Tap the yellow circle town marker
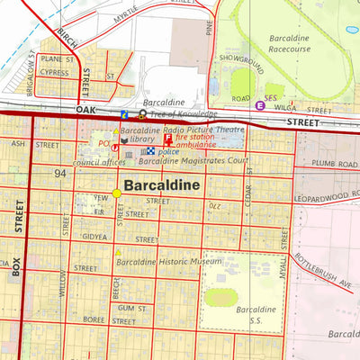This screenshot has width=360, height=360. coord(116,193)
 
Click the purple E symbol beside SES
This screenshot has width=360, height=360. coord(260,105)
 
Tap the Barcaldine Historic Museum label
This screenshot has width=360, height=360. coord(169,262)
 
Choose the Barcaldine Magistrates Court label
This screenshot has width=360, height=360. coord(193,161)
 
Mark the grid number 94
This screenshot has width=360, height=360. coord(61,173)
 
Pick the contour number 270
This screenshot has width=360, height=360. coord(214,206)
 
